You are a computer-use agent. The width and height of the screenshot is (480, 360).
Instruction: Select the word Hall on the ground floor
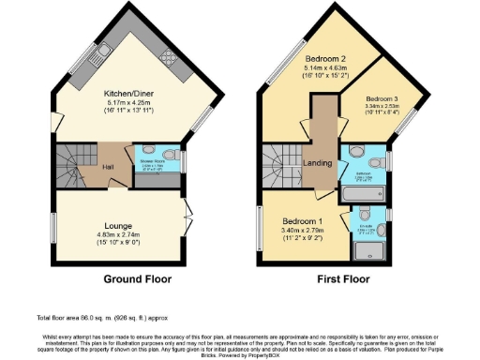(109, 169)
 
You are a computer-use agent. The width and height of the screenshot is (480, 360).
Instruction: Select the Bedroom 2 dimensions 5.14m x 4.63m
(325, 68)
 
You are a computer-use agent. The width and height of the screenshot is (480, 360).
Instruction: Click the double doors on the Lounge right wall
(187, 217)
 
